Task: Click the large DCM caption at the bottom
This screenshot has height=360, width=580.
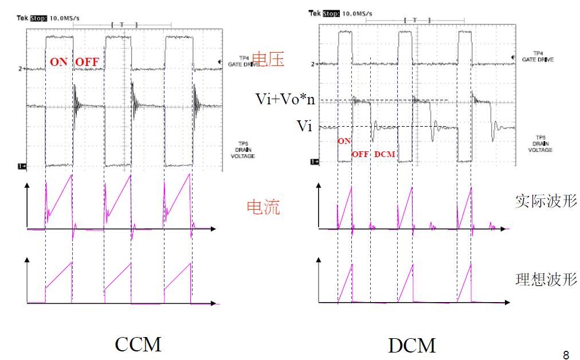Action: (412, 345)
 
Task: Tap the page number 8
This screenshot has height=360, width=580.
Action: (566, 353)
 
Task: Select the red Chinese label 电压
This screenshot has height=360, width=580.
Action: (268, 60)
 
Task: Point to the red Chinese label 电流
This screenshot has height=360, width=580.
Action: (263, 207)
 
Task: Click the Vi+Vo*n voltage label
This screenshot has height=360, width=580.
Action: (284, 99)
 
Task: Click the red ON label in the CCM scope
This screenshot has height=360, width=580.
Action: (58, 62)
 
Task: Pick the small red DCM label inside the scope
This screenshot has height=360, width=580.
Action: (385, 154)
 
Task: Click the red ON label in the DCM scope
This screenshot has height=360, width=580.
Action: (344, 142)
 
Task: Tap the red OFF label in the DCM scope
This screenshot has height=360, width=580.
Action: (360, 154)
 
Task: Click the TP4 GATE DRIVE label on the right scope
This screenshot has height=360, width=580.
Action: (538, 56)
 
